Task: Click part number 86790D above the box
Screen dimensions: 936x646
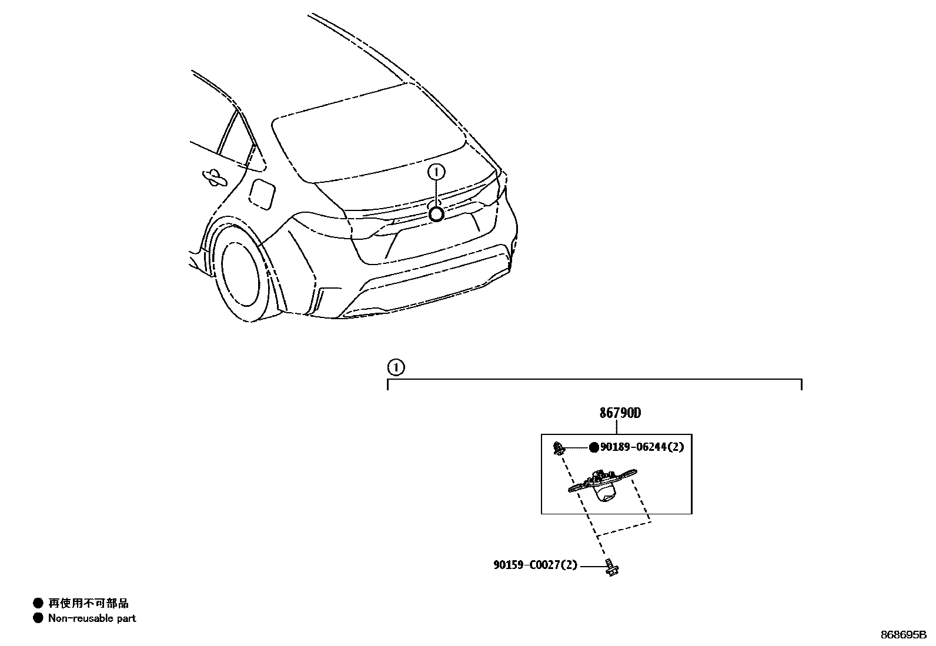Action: (620, 413)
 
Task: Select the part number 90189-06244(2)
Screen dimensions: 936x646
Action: (641, 447)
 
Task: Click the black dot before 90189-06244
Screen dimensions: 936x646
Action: (594, 447)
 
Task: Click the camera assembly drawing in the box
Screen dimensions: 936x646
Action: (603, 484)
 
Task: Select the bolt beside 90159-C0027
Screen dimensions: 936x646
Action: (611, 567)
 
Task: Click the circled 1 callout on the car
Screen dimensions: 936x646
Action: (436, 172)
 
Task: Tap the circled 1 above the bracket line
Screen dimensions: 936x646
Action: (396, 368)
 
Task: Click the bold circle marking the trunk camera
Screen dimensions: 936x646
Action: (436, 214)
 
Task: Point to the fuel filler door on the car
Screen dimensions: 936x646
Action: (262, 193)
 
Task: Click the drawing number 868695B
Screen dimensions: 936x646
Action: (903, 635)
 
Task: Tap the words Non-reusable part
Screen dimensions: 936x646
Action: (92, 618)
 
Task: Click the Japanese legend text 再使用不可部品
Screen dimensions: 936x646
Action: (88, 603)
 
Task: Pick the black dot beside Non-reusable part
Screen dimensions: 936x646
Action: (38, 618)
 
